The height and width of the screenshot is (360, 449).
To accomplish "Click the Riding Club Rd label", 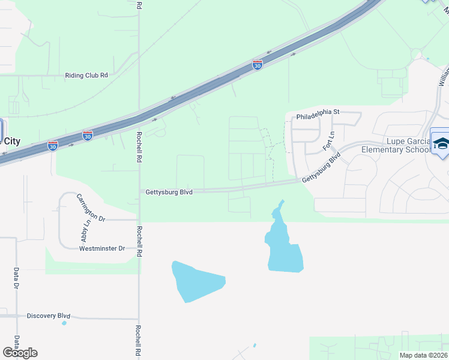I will pyautogui.click(x=86, y=76).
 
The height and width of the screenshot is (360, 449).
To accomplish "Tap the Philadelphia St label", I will pyautogui.click(x=318, y=112).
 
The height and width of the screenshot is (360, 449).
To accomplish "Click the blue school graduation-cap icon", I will pyautogui.click(x=441, y=143).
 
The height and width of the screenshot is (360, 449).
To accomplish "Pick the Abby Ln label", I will pyautogui.click(x=87, y=231).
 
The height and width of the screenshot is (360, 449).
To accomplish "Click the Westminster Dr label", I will pyautogui.click(x=102, y=248).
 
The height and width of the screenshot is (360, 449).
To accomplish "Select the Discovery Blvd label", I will pyautogui.click(x=49, y=316).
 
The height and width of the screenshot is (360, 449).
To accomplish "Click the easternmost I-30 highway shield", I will pyautogui.click(x=257, y=65).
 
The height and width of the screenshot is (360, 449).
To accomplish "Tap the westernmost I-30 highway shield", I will pyautogui.click(x=53, y=145).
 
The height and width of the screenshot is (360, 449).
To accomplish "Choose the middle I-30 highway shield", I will pyautogui.click(x=88, y=136).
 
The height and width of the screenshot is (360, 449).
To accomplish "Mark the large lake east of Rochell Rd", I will pyautogui.click(x=197, y=281).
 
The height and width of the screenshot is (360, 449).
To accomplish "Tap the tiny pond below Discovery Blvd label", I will pyautogui.click(x=64, y=323).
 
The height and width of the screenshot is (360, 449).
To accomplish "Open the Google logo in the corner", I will pyautogui.click(x=20, y=353).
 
